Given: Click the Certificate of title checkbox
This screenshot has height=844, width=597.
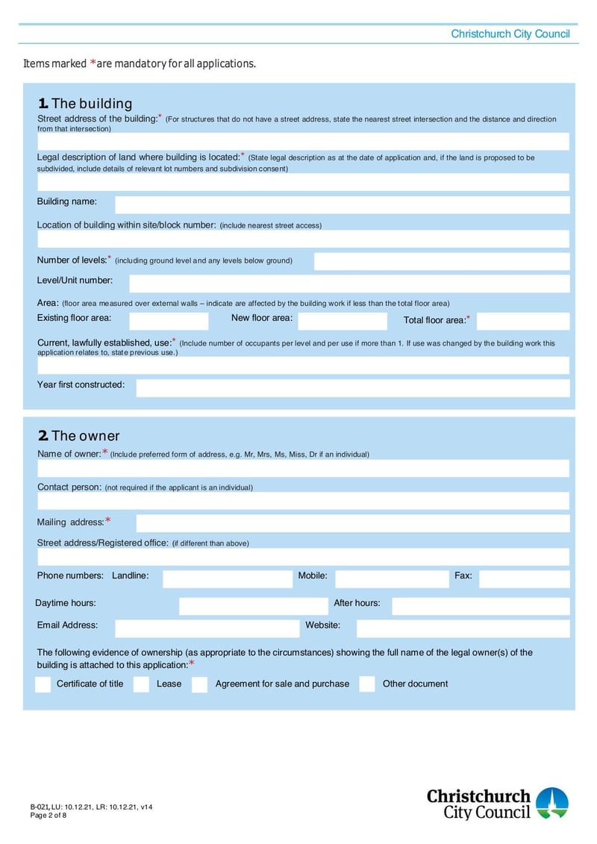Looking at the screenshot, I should (x=43, y=684).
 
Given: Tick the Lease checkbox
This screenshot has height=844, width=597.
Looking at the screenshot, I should (x=141, y=684).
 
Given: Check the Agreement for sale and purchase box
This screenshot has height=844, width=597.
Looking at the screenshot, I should (x=199, y=684).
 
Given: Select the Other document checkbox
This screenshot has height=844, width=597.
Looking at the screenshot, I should (x=366, y=684).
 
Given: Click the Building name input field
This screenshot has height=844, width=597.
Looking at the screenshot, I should (x=342, y=204).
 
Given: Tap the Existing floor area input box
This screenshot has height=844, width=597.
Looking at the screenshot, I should (x=169, y=321).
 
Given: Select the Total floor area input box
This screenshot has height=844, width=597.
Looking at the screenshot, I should (x=522, y=321).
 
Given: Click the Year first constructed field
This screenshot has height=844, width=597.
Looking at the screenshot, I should (x=352, y=388).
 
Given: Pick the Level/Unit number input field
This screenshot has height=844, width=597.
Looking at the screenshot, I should (x=348, y=284).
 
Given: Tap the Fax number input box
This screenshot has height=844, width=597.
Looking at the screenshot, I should (x=524, y=578).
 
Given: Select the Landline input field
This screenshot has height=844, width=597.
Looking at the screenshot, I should (x=222, y=578).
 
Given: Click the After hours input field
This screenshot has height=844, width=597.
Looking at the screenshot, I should (x=480, y=606).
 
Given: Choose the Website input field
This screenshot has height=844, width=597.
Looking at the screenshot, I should (x=462, y=628).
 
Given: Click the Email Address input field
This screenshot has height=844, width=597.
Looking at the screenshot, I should (x=207, y=628).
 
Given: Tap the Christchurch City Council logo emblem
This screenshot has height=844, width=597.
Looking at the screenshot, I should (x=552, y=802).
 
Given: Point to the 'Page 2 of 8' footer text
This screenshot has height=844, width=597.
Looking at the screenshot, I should (x=49, y=815).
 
